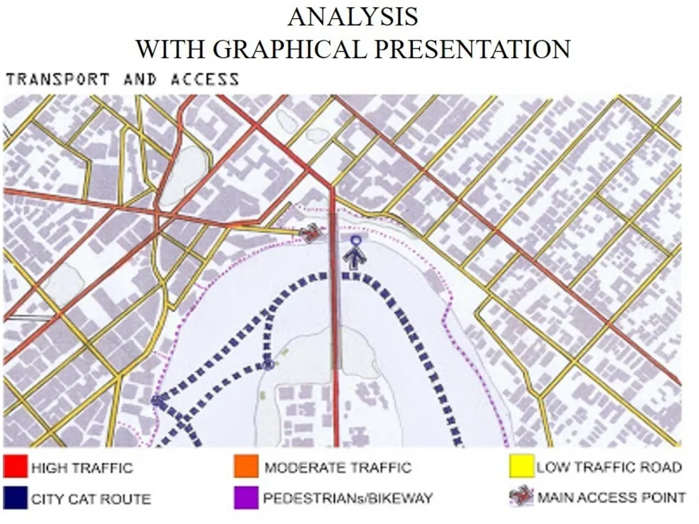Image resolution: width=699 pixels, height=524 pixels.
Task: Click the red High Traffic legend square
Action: (x=15, y=467)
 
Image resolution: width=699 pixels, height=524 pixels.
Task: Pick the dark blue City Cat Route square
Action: (x=15, y=497)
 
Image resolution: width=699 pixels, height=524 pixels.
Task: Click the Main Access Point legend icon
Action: (x=521, y=497)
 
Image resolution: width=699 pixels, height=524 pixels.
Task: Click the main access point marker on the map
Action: (x=310, y=233)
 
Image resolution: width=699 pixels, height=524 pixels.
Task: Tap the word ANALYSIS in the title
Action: (x=352, y=17)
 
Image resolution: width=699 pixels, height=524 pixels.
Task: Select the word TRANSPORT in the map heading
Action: (x=57, y=79)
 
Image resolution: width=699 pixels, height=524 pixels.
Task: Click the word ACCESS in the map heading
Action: (x=204, y=79)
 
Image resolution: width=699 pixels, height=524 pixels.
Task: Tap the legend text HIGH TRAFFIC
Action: (x=81, y=467)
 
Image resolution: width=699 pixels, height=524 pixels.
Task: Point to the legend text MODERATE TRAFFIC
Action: (x=338, y=467)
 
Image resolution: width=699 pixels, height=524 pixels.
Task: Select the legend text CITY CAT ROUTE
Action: (x=90, y=499)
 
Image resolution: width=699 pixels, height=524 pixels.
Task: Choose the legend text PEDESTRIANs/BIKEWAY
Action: (x=347, y=499)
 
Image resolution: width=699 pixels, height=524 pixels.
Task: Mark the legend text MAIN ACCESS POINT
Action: (x=611, y=498)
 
